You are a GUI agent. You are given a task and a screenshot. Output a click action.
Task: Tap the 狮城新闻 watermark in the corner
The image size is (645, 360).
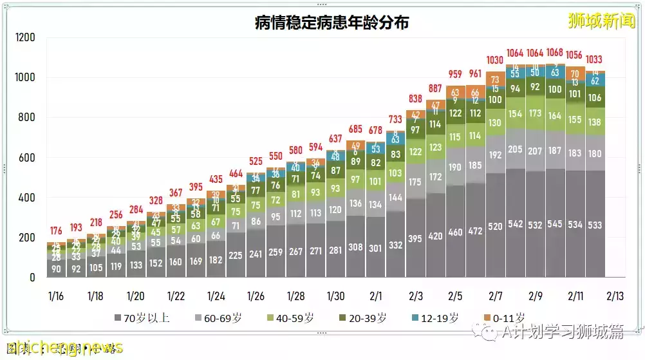(x=602, y=21)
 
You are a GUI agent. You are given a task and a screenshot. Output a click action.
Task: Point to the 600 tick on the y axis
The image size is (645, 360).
(x=26, y=158)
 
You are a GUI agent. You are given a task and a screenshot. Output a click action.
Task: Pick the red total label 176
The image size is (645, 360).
(x=56, y=231)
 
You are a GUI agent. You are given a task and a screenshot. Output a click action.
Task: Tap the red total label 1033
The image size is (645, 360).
(x=595, y=61)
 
